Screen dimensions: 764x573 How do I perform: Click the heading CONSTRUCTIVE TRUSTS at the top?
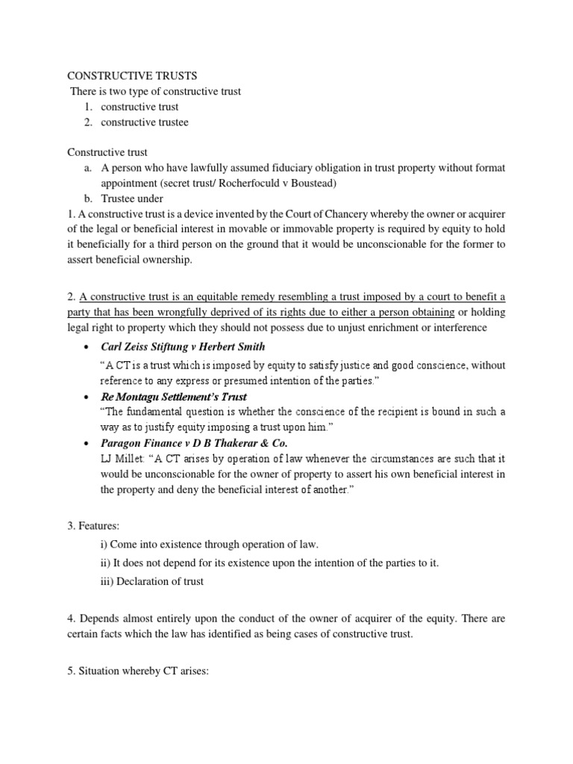(x=133, y=75)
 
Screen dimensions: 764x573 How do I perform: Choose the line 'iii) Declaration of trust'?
(x=152, y=581)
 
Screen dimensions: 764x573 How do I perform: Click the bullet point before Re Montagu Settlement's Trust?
(x=89, y=397)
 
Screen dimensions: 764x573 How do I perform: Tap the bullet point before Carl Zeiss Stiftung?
(x=89, y=348)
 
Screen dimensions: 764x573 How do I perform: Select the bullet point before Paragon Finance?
(x=89, y=446)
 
